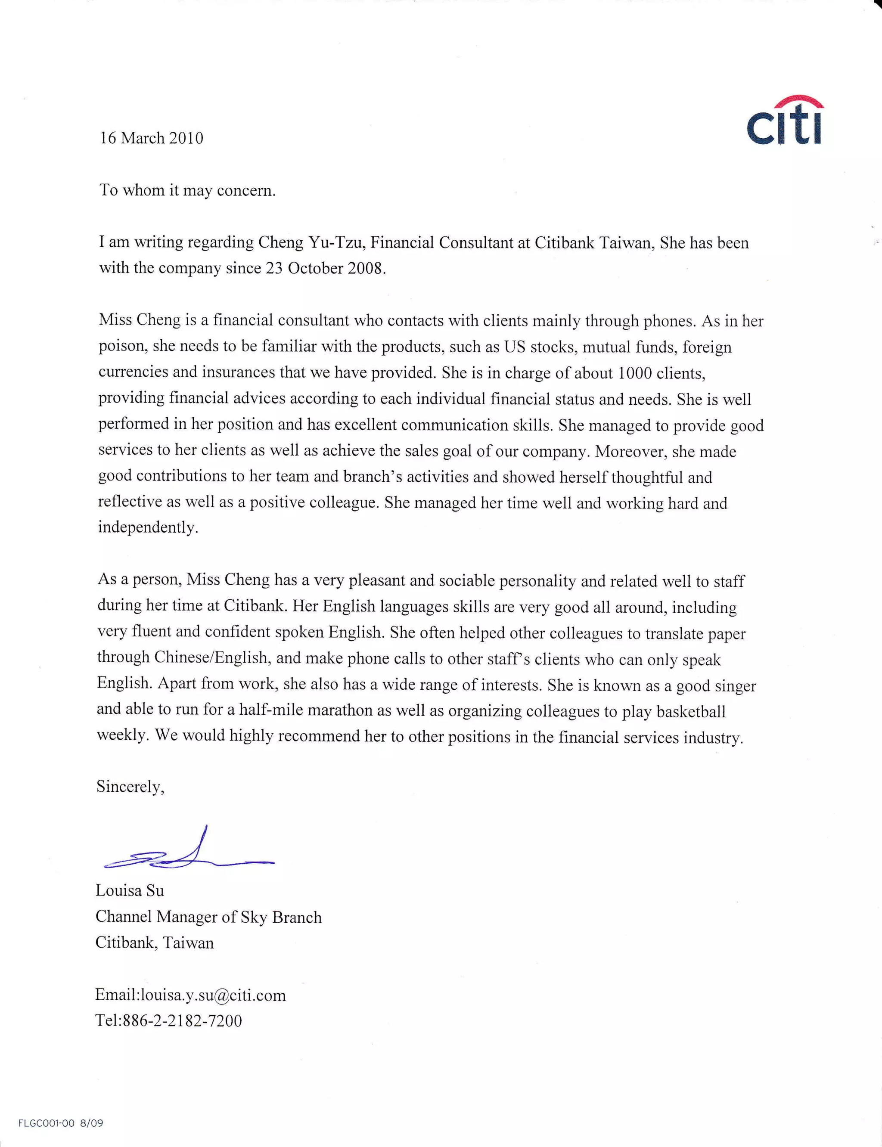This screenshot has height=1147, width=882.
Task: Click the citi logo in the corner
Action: pyautogui.click(x=784, y=121)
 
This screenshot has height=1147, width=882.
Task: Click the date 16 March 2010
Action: pyautogui.click(x=151, y=138)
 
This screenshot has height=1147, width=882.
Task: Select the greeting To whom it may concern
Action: pyautogui.click(x=187, y=190)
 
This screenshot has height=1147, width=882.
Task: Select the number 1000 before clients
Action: pyautogui.click(x=634, y=373)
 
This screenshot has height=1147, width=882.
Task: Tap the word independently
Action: pyautogui.click(x=148, y=527)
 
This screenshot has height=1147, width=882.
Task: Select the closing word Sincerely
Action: pyautogui.click(x=130, y=786)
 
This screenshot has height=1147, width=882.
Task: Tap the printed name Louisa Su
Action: pyautogui.click(x=130, y=891)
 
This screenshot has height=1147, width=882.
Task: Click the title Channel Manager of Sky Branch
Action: pyautogui.click(x=208, y=917)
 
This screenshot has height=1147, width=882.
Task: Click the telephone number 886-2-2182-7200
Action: pyautogui.click(x=182, y=1021)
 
